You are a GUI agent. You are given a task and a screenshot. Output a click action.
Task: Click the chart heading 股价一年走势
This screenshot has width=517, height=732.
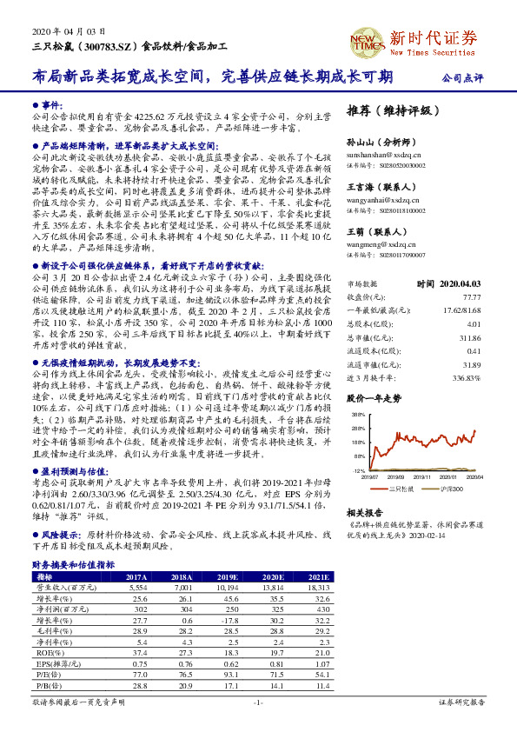click(374, 398)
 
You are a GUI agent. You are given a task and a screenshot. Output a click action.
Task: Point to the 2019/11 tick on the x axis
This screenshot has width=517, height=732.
click(421, 476)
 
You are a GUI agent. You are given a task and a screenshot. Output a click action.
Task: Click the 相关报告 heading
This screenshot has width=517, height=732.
click(365, 513)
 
